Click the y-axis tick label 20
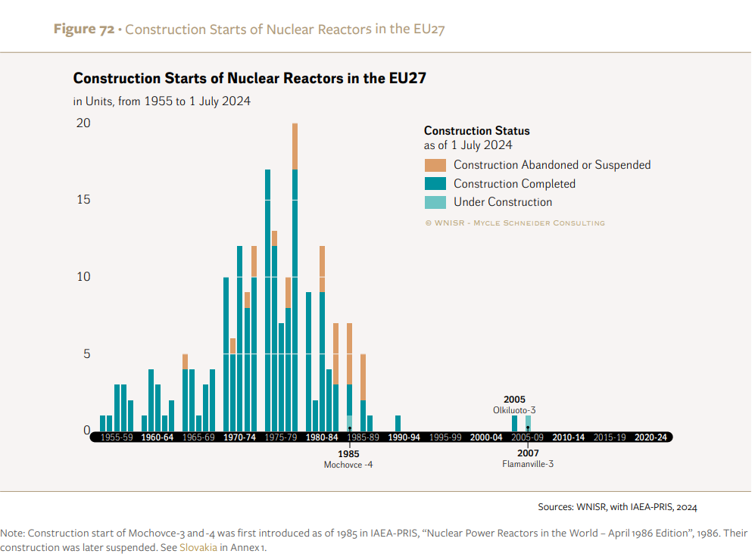(x=83, y=123)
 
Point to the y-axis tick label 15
(x=83, y=200)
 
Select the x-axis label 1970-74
(x=239, y=437)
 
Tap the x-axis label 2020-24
(x=650, y=437)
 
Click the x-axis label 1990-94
(x=404, y=437)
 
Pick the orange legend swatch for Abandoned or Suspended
(x=435, y=165)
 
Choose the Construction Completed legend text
(x=514, y=184)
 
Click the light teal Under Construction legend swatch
(x=435, y=202)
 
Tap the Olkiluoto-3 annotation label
(x=513, y=410)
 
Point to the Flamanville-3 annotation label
(x=528, y=464)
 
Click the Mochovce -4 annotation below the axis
(x=348, y=465)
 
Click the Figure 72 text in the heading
(x=83, y=30)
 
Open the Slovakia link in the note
(x=198, y=547)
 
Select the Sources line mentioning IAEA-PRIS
(x=617, y=506)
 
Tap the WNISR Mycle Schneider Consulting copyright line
(x=514, y=222)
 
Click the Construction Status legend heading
(x=476, y=131)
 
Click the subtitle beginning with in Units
(x=161, y=101)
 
